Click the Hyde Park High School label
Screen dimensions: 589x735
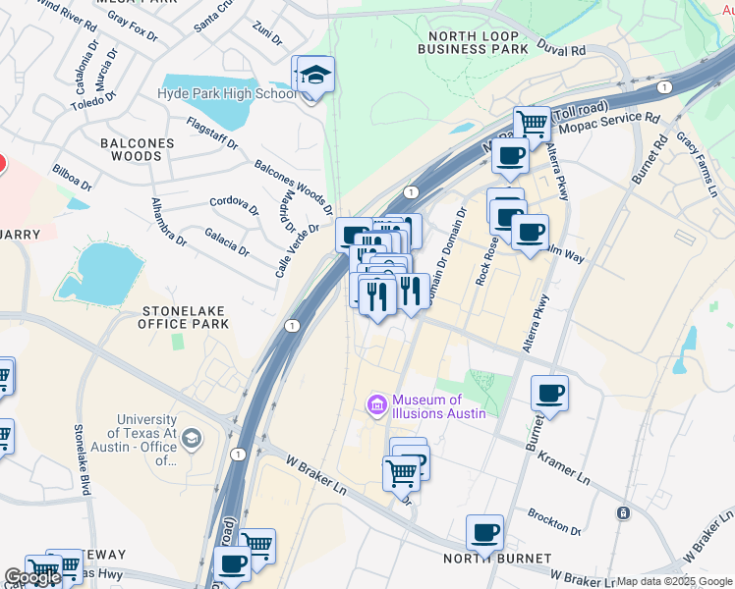point(227,93)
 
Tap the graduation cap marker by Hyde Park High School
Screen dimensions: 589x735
point(315,75)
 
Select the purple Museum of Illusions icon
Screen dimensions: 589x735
point(375,404)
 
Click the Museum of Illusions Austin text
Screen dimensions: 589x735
point(439,406)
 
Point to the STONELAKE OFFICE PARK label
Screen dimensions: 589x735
point(184,317)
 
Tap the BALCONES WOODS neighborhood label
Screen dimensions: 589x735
point(137,149)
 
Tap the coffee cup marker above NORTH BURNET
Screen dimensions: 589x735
point(484,533)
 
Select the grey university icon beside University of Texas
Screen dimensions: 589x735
point(192,439)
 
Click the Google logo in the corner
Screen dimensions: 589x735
point(32,577)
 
